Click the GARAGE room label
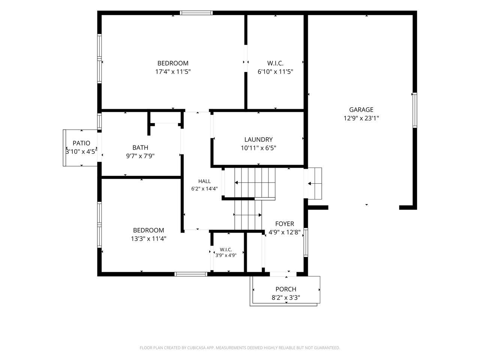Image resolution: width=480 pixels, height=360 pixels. [361, 109]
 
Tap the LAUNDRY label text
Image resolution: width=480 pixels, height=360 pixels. [258, 139]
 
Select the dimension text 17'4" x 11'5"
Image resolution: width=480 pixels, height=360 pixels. [173, 72]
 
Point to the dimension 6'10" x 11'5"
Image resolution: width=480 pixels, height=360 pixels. [275, 72]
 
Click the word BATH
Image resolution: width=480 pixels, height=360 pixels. [140, 147]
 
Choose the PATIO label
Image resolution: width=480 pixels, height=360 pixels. [81, 143]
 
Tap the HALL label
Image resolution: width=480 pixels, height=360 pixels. [204, 181]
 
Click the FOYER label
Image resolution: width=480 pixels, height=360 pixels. [285, 224]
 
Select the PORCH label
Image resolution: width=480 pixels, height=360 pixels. [286, 289]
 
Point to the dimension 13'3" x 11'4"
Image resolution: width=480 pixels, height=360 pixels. [148, 239]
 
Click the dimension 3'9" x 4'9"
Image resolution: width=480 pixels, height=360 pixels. [226, 255]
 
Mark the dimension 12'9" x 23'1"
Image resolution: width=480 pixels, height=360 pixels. [361, 118]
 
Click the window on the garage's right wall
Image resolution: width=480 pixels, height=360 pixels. [415, 110]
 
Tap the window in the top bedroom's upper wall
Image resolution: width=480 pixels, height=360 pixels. [196, 13]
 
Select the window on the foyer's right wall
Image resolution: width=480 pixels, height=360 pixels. [306, 242]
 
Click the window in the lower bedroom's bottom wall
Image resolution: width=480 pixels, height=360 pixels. [191, 274]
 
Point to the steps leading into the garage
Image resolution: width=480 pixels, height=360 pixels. [315, 184]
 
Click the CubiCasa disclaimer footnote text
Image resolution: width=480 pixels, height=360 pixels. [240, 348]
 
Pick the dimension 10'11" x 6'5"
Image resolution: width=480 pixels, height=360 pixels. [258, 148]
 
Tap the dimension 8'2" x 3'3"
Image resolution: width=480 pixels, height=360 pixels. [286, 298]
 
